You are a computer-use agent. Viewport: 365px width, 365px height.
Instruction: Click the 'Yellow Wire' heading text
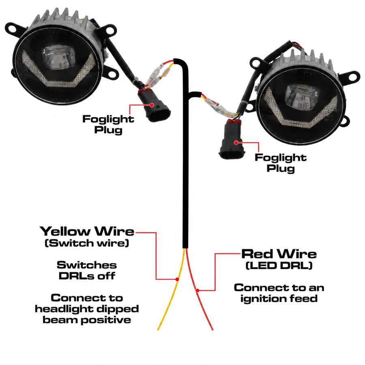click(x=87, y=232)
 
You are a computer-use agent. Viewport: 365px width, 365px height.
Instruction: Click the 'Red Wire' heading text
click(x=279, y=254)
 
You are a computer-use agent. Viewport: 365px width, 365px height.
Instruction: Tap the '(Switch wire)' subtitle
click(x=87, y=243)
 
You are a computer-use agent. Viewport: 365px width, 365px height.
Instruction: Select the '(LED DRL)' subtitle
click(x=279, y=265)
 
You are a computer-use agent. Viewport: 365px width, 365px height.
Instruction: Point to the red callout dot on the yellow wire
click(x=177, y=279)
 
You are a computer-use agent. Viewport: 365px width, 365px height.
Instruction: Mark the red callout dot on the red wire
click(x=198, y=290)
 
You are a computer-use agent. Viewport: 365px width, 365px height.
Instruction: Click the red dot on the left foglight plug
click(x=152, y=105)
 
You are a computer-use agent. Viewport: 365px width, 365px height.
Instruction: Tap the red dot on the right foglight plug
click(x=236, y=142)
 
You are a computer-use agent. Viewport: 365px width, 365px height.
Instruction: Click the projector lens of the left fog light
click(x=60, y=57)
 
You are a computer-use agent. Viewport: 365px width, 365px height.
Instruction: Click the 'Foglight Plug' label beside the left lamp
click(x=108, y=125)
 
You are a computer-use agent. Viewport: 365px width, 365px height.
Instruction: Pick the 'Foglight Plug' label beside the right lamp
click(x=281, y=163)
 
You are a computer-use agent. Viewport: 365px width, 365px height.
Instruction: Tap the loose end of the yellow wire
click(x=158, y=330)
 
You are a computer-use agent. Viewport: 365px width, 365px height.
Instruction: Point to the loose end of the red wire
click(x=213, y=330)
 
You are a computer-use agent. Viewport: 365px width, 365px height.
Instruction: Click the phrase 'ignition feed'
click(x=279, y=298)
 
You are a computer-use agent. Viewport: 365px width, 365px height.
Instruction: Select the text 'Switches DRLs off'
click(x=87, y=271)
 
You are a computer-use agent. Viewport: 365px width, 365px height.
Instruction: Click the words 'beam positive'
click(x=87, y=320)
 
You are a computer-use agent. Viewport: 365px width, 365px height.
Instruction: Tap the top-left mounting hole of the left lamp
click(x=12, y=29)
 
